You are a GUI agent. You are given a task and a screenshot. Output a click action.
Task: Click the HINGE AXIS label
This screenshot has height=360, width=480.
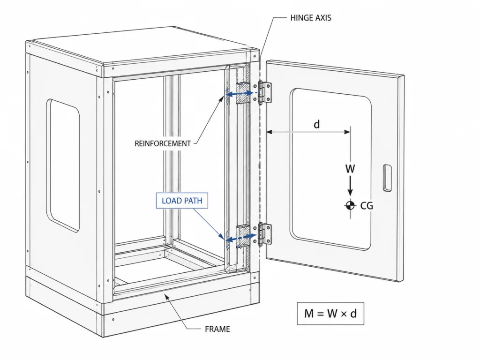[311, 18]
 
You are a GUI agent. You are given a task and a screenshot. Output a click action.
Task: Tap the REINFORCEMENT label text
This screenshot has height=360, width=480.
[163, 143]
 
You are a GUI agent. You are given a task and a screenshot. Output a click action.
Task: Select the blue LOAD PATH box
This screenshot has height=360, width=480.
[182, 201]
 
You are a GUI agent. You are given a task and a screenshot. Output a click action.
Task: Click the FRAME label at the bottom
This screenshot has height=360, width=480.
[217, 329]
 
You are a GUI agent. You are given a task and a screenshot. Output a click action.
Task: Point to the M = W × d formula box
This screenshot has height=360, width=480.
[330, 313]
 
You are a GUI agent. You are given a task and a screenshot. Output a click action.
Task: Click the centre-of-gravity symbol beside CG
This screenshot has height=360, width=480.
[350, 205]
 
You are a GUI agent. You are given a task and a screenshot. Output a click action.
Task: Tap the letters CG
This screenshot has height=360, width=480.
[367, 205]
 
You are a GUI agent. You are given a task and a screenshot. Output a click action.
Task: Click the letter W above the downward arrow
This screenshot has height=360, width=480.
[350, 169]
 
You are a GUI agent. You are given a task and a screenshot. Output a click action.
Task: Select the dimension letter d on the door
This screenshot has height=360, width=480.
[317, 124]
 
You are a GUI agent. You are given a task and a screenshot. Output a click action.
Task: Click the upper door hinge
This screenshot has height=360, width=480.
[264, 93]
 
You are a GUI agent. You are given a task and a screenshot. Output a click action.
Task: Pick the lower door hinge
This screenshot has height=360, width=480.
[264, 234]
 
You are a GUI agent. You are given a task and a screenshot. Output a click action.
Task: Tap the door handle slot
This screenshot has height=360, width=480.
[387, 178]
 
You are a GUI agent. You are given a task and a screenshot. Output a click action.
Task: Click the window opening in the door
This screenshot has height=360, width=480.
[331, 169]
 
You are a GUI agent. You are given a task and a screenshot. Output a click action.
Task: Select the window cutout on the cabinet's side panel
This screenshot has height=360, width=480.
[63, 165]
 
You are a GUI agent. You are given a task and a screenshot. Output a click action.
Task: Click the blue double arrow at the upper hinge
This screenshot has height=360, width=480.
[240, 94]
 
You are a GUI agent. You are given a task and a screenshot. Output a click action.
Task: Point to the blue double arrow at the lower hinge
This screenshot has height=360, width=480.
[241, 237]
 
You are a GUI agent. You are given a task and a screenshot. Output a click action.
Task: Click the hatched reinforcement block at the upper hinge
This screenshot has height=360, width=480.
[243, 93]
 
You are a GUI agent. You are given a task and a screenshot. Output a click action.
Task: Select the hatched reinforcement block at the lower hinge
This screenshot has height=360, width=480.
[243, 236]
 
